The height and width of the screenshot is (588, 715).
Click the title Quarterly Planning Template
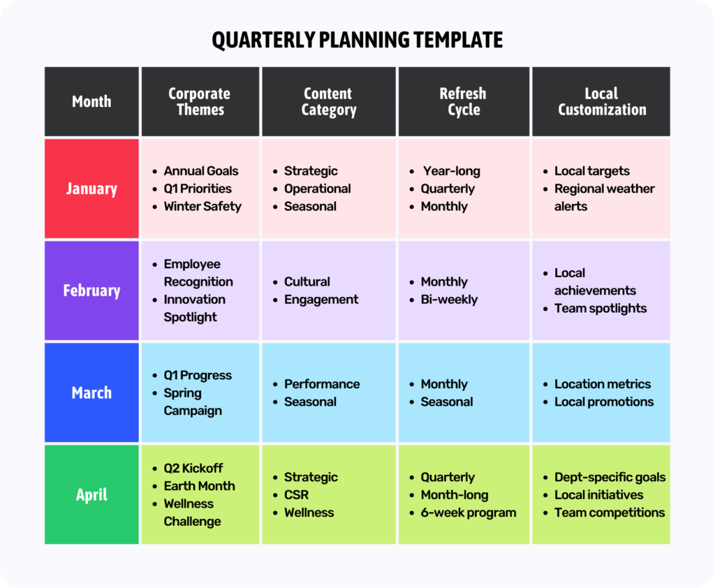tap(357, 40)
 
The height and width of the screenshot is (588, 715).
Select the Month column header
tap(91, 102)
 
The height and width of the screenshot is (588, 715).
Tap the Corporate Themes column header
tap(200, 102)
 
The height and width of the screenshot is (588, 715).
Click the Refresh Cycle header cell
tap(464, 102)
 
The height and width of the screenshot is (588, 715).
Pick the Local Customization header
tap(601, 102)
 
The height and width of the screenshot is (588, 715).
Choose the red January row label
tap(91, 189)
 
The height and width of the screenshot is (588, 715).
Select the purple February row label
tap(91, 291)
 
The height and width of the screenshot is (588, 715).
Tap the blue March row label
tap(91, 392)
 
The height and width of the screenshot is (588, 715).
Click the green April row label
tap(91, 495)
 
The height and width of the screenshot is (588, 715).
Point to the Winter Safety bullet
tap(202, 207)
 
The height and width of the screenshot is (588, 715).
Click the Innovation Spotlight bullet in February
tap(194, 308)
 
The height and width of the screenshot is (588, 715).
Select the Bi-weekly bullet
tap(449, 300)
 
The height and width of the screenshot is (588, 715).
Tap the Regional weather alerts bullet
tap(604, 197)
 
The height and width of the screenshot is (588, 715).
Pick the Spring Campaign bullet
tap(192, 402)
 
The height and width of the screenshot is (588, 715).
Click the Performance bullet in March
tap(321, 384)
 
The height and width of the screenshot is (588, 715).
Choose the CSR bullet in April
tap(296, 495)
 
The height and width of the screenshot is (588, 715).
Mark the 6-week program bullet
tap(468, 513)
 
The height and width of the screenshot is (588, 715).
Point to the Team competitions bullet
tap(609, 513)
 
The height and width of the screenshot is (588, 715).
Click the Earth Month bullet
tap(199, 486)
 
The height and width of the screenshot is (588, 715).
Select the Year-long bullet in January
tap(451, 171)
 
